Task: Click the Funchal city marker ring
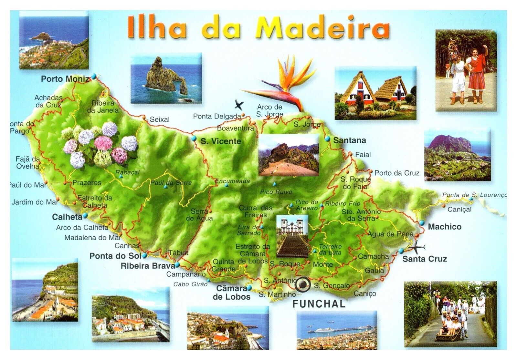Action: point(303,285)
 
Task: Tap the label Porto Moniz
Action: point(65,79)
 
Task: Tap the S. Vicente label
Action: point(221,141)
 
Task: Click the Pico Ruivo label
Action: point(276,192)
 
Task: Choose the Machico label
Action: point(444,227)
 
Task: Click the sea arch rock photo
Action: point(166,79)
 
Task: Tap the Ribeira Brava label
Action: point(148,266)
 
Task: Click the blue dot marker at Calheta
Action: point(85,215)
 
